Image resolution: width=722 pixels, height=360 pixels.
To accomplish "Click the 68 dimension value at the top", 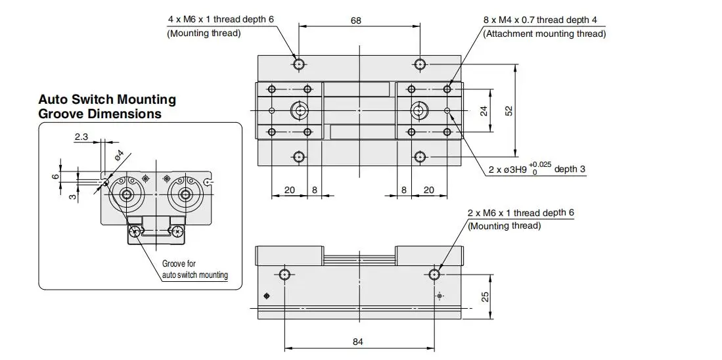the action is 356,20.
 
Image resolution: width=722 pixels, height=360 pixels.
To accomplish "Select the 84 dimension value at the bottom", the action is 358,342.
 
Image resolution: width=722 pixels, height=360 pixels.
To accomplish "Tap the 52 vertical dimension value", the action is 508,111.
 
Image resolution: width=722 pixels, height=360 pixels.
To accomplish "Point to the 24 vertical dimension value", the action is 484,111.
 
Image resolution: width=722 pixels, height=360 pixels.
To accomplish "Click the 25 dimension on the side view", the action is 485,296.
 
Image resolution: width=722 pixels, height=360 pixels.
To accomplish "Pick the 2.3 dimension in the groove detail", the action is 81,136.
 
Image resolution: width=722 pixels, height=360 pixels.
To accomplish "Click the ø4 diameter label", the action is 118,155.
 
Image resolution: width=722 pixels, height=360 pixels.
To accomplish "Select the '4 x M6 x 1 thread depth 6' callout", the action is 221,19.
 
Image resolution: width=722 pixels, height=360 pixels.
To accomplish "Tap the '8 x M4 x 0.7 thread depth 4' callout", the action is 540,20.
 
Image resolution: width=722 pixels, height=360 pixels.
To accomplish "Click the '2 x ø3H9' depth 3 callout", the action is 537,169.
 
